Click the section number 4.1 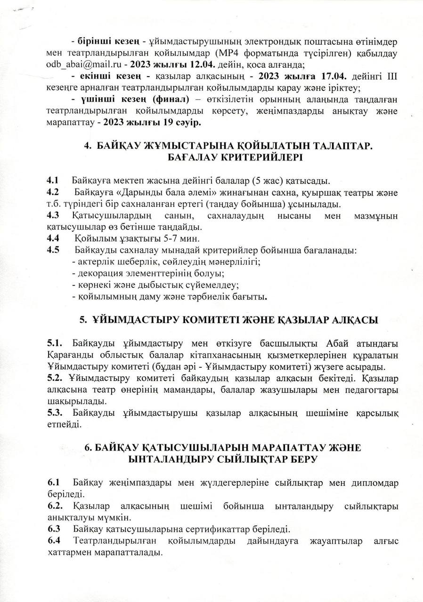click(52, 181)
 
